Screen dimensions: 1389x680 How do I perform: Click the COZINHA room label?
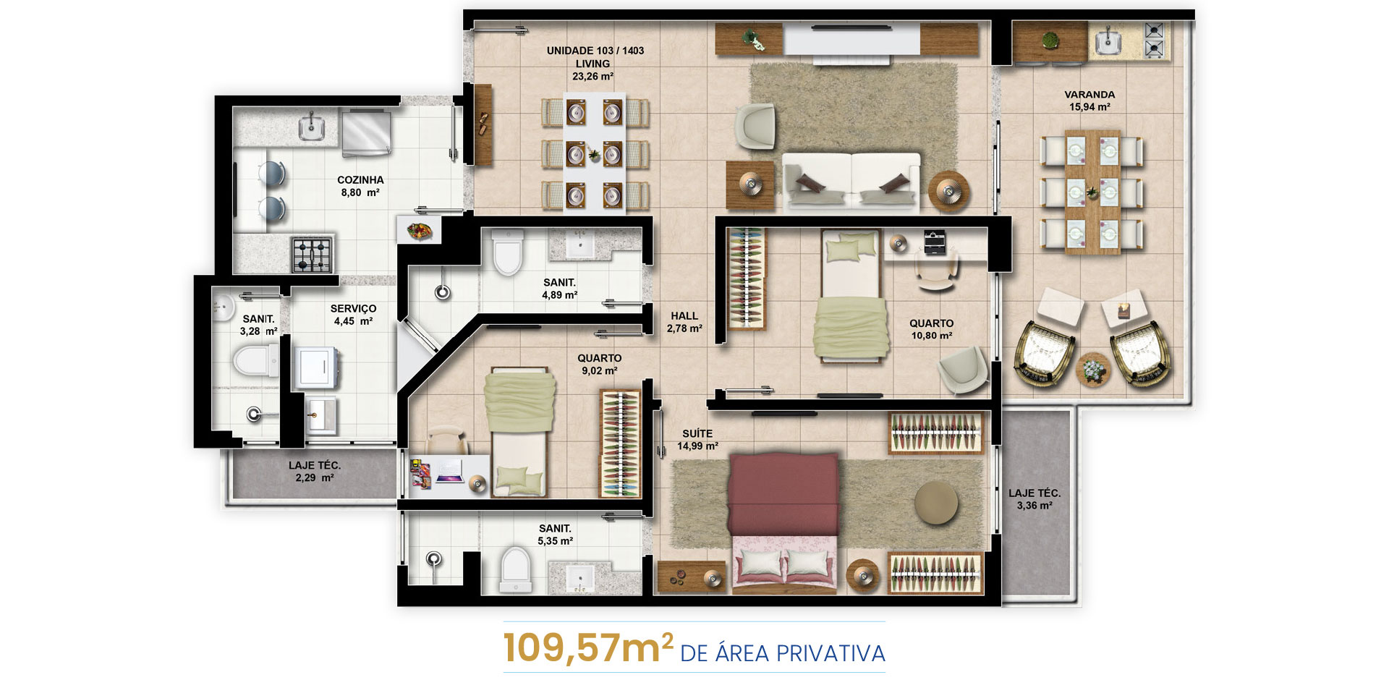(360, 180)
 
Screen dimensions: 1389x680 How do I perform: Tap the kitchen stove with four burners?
(312, 254)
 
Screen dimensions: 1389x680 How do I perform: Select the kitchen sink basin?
(312, 127)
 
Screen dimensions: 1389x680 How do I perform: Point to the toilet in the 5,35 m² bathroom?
(515, 570)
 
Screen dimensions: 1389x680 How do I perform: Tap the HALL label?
(684, 316)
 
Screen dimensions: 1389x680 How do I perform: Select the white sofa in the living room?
(851, 181)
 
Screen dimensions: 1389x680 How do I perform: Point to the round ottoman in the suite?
(936, 503)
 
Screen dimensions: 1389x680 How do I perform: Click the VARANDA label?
(1089, 95)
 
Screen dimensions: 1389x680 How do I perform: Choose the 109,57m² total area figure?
(588, 647)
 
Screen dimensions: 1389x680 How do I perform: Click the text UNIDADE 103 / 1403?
(595, 51)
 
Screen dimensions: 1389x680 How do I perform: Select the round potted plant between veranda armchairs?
(1092, 370)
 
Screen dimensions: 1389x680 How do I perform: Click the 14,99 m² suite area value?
(697, 446)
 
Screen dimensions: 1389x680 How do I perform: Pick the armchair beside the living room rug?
(755, 127)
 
